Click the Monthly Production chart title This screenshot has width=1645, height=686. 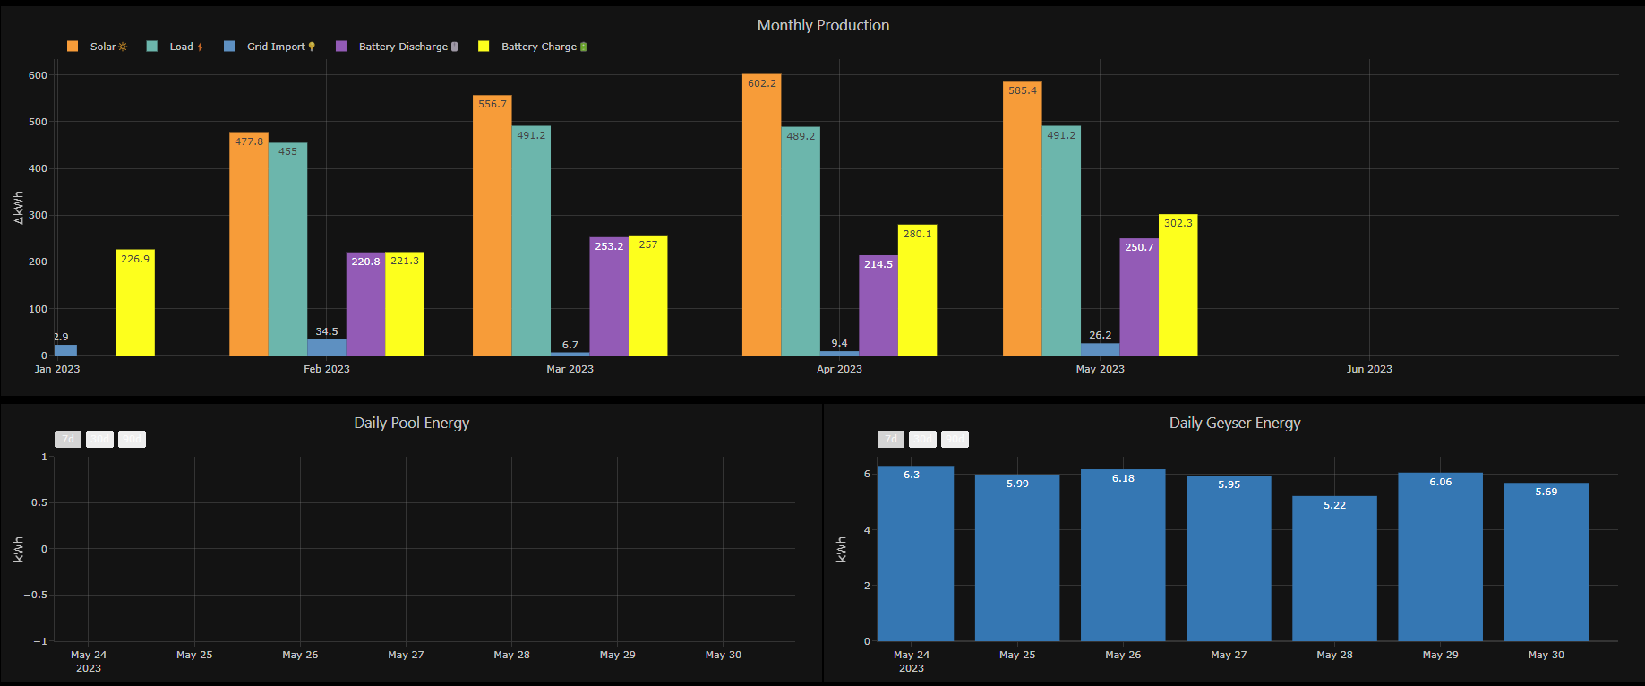click(x=823, y=25)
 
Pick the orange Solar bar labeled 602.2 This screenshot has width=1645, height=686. click(x=761, y=215)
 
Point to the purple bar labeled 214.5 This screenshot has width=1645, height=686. click(x=878, y=305)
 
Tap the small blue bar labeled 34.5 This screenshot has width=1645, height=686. click(x=326, y=347)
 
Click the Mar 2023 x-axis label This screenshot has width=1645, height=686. click(x=570, y=369)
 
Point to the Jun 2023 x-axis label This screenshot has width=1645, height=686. click(x=1369, y=369)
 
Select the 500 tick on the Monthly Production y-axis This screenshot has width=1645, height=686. click(x=38, y=122)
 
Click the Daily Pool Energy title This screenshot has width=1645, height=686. click(x=411, y=423)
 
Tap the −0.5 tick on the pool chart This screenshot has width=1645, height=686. click(x=36, y=595)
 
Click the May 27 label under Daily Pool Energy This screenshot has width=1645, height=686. click(x=406, y=655)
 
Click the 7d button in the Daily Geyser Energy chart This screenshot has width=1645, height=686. click(x=890, y=439)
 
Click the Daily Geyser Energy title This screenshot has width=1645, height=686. click(x=1234, y=423)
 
